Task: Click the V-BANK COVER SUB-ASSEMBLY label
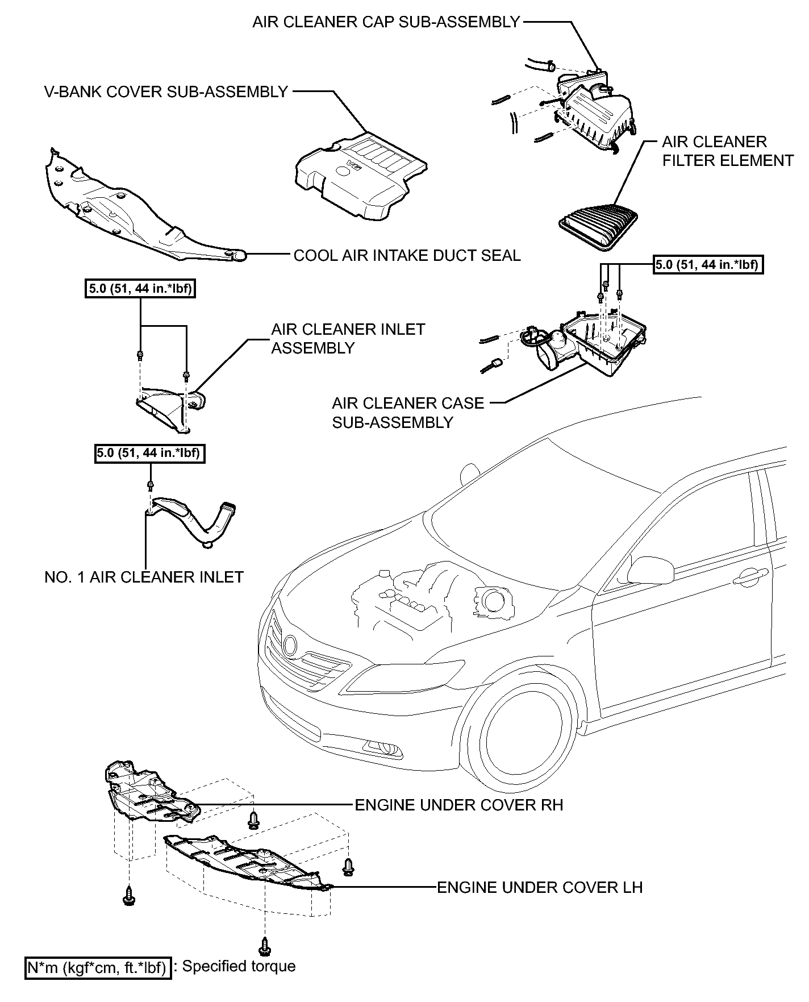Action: tap(166, 92)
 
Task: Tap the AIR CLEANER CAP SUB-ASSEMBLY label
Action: tap(386, 22)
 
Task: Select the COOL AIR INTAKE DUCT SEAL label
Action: tap(407, 256)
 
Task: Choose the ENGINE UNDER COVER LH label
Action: tap(540, 887)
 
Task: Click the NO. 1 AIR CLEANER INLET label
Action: tap(144, 577)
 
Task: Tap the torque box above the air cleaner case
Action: tap(707, 264)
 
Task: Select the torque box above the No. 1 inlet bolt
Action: tap(149, 454)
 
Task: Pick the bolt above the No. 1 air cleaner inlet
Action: tap(151, 485)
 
